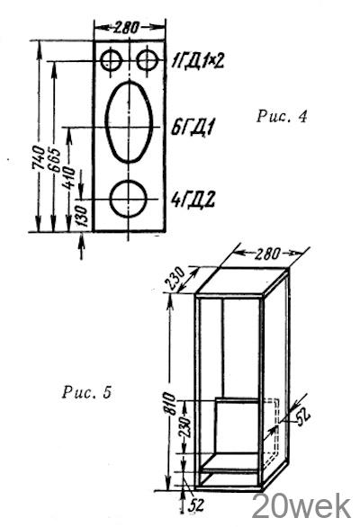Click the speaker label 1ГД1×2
coord(197,61)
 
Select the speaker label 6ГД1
coord(192,128)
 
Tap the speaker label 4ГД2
coord(193,200)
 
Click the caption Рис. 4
coord(282,117)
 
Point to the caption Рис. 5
coord(86,392)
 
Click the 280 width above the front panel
coord(125,27)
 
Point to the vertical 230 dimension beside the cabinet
coord(185,427)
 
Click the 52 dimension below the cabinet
coord(196,505)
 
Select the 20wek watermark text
coord(301,507)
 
